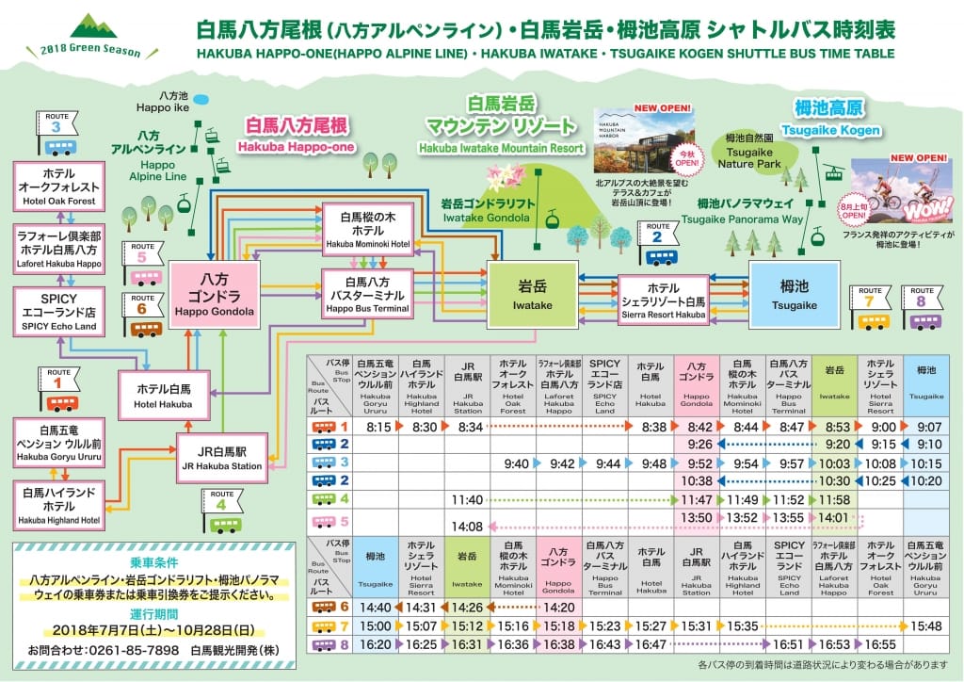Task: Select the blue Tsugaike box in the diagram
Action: coord(792,292)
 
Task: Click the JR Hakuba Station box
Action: coord(220,458)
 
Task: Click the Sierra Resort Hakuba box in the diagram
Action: coord(663,298)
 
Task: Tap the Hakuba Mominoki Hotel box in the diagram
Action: coord(368,227)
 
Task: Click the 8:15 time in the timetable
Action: coord(378,427)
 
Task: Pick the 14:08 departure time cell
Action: coord(467,526)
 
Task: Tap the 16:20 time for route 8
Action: coord(375,644)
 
